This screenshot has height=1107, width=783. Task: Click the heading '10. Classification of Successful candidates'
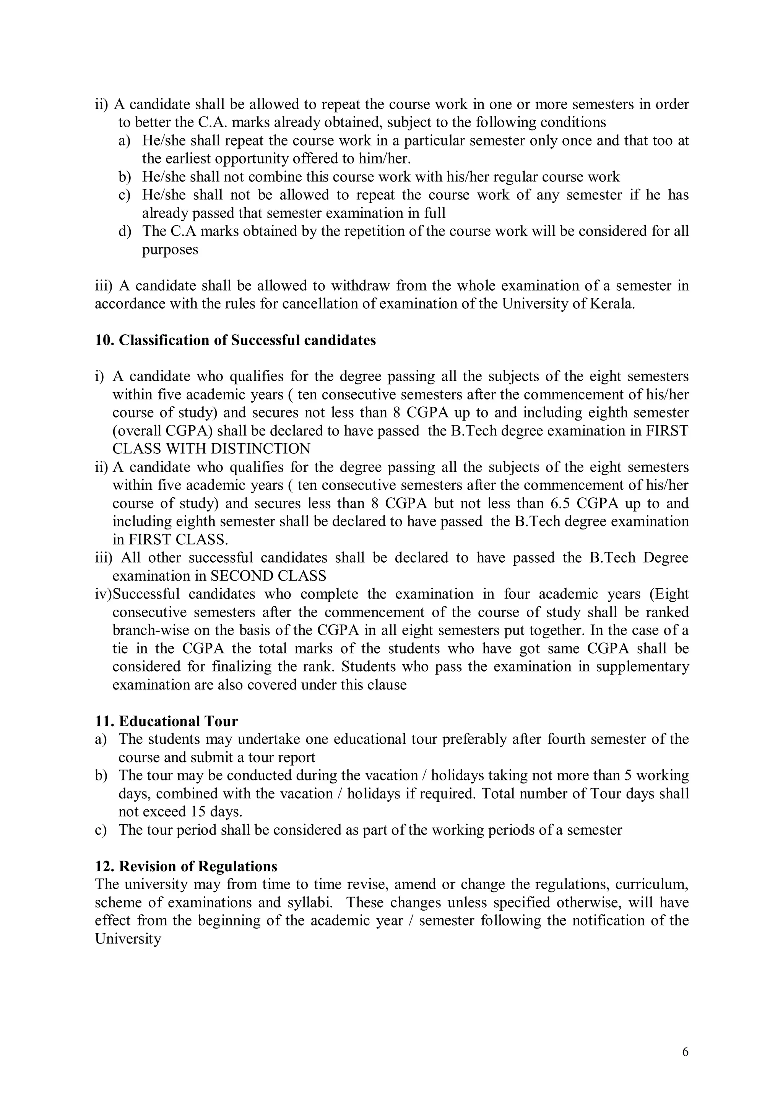pos(235,340)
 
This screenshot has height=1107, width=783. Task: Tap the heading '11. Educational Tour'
pos(166,721)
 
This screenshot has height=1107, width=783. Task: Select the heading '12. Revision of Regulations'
pos(186,866)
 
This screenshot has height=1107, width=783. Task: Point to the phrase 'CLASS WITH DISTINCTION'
pos(211,449)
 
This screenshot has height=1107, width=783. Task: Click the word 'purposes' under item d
pos(170,250)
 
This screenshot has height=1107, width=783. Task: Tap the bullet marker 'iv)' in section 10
pos(103,594)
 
